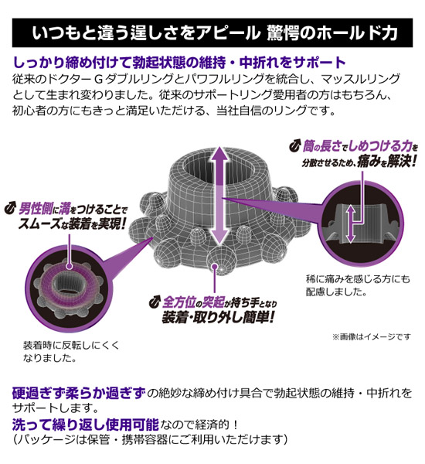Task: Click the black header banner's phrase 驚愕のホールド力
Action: [x=331, y=32]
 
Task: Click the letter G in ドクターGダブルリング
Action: [x=97, y=79]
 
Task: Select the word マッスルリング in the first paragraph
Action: [x=361, y=79]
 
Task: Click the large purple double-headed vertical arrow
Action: [x=219, y=196]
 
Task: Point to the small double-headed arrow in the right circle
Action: [x=351, y=224]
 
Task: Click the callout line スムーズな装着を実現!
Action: [x=73, y=223]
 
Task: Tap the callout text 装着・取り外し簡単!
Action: [x=218, y=317]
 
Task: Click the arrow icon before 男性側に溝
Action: [x=10, y=208]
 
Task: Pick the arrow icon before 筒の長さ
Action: [x=295, y=146]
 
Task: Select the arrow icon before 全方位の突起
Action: [x=155, y=302]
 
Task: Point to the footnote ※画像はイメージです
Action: [x=372, y=336]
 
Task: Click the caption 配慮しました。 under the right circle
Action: [x=336, y=292]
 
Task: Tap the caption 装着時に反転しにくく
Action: [x=71, y=345]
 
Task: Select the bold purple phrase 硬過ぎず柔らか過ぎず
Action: [x=79, y=393]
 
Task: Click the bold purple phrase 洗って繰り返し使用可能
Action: [x=86, y=425]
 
